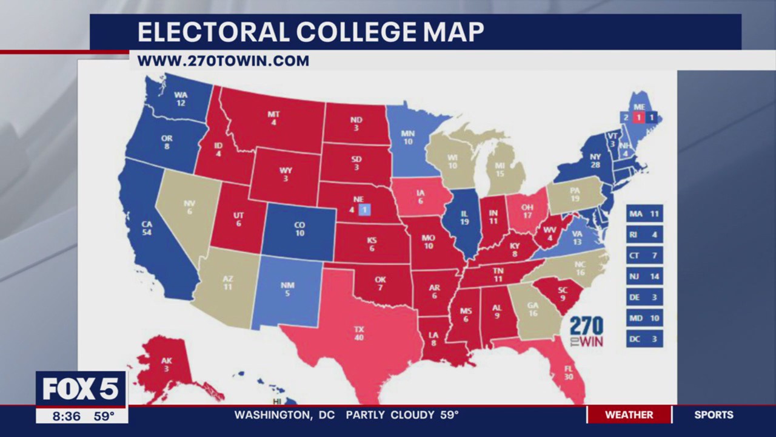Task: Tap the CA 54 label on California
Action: tap(147, 229)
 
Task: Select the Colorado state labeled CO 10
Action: tap(299, 229)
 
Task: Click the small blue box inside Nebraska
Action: tap(364, 210)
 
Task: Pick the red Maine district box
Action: tap(638, 117)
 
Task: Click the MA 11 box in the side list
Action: tap(644, 214)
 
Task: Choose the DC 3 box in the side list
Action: tap(644, 339)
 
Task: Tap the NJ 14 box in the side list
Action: tap(644, 276)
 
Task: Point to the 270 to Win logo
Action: tap(586, 331)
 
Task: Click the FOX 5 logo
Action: tap(81, 389)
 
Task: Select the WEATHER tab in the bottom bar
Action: tap(629, 415)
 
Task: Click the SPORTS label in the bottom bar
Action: tap(714, 415)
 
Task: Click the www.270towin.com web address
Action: tap(223, 61)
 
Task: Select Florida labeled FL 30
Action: tap(569, 371)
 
